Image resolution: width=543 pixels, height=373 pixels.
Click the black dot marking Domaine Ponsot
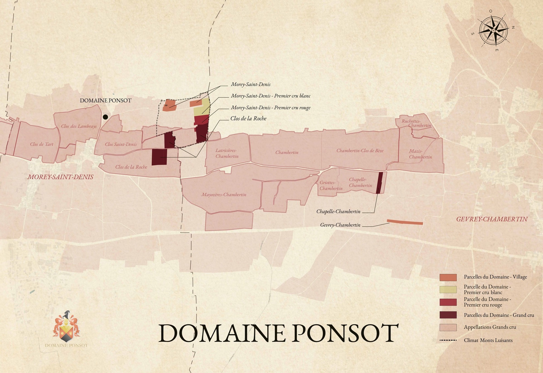pos(105,117)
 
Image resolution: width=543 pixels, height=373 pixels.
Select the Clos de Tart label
pos(42,144)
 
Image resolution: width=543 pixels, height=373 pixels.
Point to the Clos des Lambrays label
pos(79,126)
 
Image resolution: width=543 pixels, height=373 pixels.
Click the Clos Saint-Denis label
pos(121,144)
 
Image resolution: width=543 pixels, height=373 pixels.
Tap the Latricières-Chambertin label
pos(227,153)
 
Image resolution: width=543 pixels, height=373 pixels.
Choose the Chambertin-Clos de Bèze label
pos(360,151)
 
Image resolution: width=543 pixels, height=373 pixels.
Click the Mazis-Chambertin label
pos(420,154)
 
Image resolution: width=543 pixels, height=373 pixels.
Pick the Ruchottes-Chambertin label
pos(416,123)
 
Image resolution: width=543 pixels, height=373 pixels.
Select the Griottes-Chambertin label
pos(331,186)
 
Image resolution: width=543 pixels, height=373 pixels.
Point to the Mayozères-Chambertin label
pos(224,195)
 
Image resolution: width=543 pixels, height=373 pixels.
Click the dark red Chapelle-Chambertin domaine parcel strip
pos(379,183)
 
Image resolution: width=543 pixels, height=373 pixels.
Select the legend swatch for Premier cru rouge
pos(448,302)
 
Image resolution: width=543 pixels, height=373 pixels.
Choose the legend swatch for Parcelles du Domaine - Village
pos(448,277)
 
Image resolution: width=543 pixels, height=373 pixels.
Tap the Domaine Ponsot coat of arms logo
pos(66,327)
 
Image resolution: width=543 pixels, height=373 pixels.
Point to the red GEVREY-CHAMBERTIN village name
pos(492,219)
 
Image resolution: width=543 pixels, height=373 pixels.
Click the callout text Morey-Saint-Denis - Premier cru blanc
pos(271,96)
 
